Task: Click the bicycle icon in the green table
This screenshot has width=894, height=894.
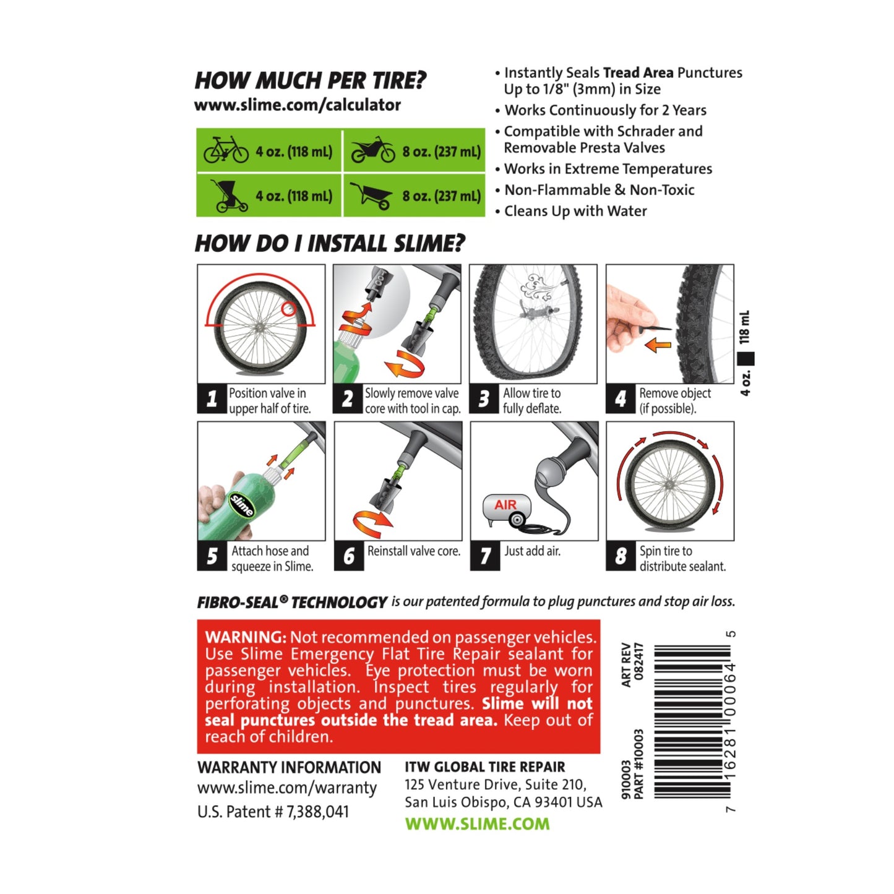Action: pyautogui.click(x=226, y=149)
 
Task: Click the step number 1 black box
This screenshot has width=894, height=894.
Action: pyautogui.click(x=212, y=398)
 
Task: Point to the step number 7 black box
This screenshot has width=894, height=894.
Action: pyautogui.click(x=485, y=556)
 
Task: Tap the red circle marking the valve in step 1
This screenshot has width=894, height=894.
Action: pyautogui.click(x=288, y=309)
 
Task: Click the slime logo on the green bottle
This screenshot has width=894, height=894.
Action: pyautogui.click(x=242, y=505)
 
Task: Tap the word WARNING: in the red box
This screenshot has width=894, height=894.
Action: pyautogui.click(x=246, y=637)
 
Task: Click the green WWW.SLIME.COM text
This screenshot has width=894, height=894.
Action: pyautogui.click(x=477, y=824)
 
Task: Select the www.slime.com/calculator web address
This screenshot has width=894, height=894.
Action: pyautogui.click(x=297, y=105)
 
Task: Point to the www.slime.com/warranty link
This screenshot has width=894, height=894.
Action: pyautogui.click(x=286, y=788)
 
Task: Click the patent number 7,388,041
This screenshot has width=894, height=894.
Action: pyautogui.click(x=317, y=812)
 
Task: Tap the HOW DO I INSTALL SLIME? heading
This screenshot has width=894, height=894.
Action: pyautogui.click(x=329, y=244)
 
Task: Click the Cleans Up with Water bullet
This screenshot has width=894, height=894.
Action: pyautogui.click(x=575, y=211)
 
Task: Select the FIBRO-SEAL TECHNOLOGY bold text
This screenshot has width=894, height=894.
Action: pyautogui.click(x=292, y=602)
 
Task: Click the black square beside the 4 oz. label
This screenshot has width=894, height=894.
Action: pyautogui.click(x=746, y=359)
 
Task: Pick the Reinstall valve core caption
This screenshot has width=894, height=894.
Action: pyautogui.click(x=414, y=551)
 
